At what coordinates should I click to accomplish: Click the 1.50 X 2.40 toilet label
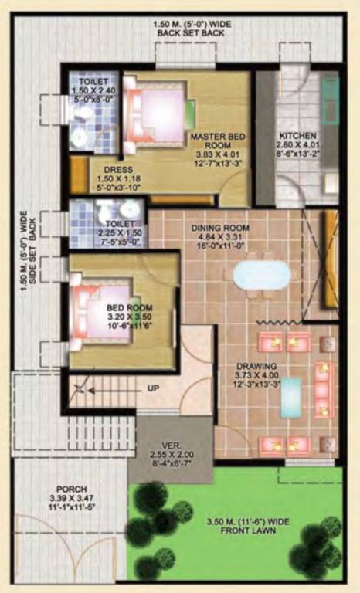(x=93, y=89)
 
